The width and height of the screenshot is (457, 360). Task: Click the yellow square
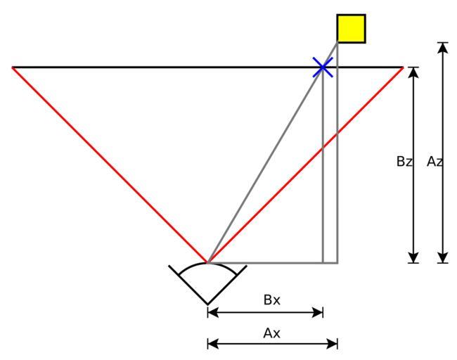[x=351, y=29]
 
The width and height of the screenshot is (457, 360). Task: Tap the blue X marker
[x=323, y=67]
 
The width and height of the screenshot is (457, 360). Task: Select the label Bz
[x=404, y=162]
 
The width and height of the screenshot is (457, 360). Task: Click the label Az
[x=435, y=162]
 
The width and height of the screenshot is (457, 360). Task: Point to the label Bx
[x=271, y=300]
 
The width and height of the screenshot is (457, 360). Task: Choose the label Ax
[x=271, y=333]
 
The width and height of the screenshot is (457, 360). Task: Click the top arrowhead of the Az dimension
[x=443, y=48]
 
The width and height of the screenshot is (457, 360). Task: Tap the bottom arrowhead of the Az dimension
[x=443, y=257]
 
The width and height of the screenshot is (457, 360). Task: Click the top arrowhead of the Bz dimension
[x=413, y=72]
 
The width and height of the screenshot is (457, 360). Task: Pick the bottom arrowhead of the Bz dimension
[x=413, y=257]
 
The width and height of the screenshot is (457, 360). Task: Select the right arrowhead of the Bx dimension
[x=318, y=313]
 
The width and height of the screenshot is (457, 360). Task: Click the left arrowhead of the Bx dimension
[x=213, y=313]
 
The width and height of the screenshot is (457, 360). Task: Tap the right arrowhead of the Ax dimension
[x=333, y=344]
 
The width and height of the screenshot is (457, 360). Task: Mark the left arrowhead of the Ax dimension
[x=213, y=344]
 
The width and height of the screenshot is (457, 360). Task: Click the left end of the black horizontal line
[x=12, y=67]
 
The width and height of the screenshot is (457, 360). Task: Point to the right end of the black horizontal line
[x=403, y=67]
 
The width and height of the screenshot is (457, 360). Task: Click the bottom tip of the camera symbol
[x=207, y=304]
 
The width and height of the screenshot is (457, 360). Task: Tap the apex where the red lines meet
[x=207, y=263]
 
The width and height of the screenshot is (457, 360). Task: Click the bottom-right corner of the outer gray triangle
[x=337, y=263]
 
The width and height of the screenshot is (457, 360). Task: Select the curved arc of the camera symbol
[x=207, y=264]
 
